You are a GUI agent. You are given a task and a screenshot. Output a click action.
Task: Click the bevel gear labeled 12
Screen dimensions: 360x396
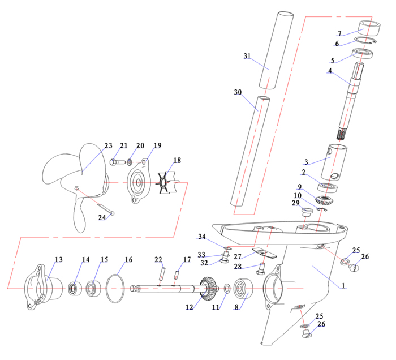tap(209, 289)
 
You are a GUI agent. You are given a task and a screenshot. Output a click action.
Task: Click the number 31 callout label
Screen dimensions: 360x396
tap(247, 56)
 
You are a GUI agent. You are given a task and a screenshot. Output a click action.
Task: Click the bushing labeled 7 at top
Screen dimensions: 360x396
tap(369, 27)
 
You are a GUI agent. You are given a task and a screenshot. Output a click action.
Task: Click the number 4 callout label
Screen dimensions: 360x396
tap(329, 72)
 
